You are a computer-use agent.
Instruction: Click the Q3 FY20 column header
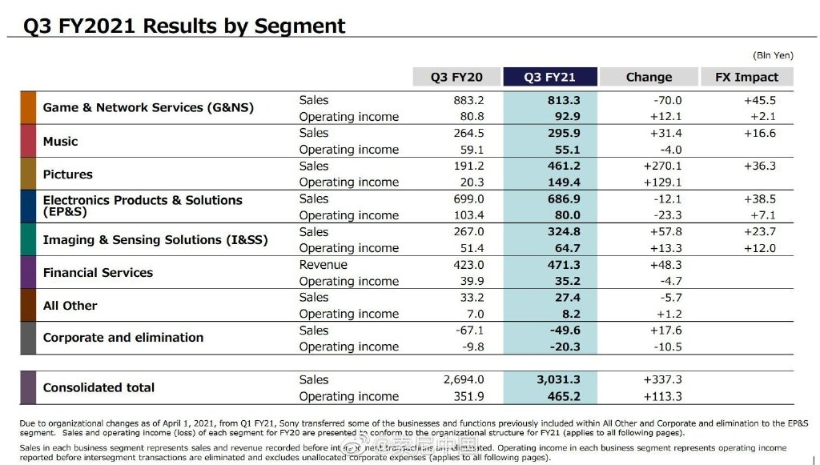(x=456, y=77)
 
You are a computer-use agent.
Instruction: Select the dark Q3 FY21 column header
(x=549, y=77)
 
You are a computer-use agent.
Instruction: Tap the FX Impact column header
(x=746, y=77)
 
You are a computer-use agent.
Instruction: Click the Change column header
(x=649, y=77)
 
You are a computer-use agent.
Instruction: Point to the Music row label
(x=61, y=142)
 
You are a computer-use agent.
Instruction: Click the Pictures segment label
(x=68, y=174)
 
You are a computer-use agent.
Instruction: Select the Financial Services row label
(x=98, y=273)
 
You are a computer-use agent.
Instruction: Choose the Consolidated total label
(x=98, y=387)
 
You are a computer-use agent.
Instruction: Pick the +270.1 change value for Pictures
(x=662, y=166)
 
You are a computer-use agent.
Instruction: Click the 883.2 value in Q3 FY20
(x=468, y=100)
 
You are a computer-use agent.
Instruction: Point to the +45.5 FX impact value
(x=760, y=100)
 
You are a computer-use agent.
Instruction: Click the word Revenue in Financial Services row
(x=324, y=265)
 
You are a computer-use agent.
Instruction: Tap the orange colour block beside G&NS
(x=28, y=108)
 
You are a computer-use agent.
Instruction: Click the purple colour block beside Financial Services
(x=28, y=273)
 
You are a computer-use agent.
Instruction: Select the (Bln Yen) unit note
(x=773, y=55)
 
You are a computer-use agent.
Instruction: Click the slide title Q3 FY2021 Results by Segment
(x=184, y=26)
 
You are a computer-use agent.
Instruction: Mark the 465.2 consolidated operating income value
(x=564, y=396)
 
